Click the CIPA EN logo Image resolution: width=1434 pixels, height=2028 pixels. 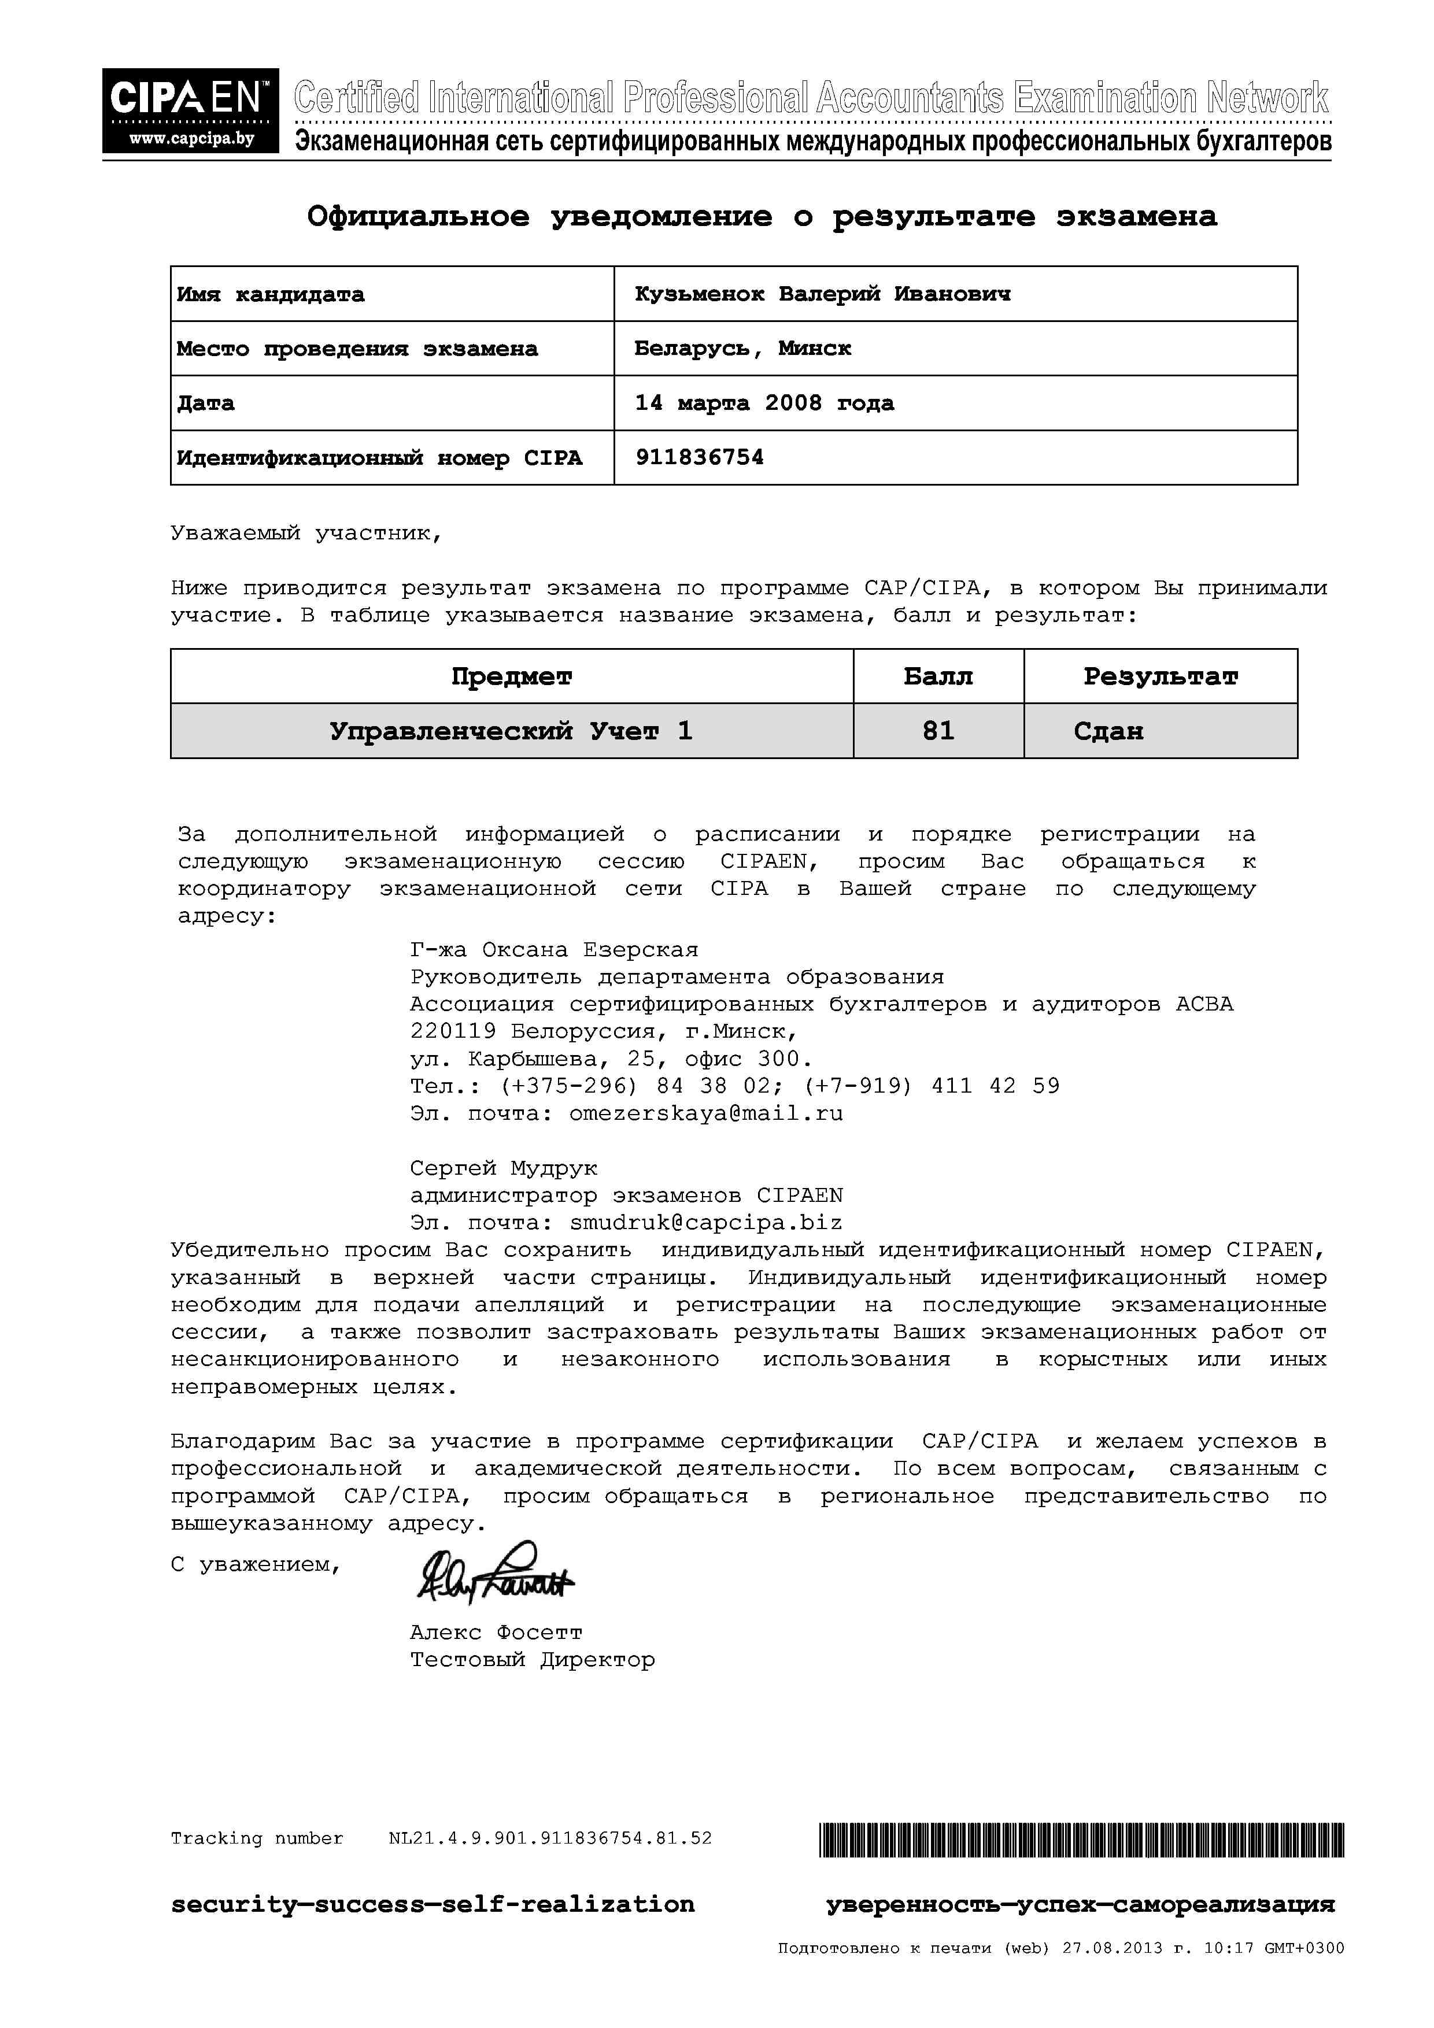point(190,110)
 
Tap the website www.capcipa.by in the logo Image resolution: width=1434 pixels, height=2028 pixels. point(192,139)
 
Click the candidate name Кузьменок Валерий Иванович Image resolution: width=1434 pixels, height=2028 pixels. point(822,294)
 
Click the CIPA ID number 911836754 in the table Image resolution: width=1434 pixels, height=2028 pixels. point(699,457)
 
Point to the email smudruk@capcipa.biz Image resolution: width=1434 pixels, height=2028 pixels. point(706,1223)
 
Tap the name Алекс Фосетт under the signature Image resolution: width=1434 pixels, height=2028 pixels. point(496,1633)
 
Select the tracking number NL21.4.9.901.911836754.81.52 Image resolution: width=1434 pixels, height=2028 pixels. point(549,1839)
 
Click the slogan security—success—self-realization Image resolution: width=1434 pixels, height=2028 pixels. point(432,1904)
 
